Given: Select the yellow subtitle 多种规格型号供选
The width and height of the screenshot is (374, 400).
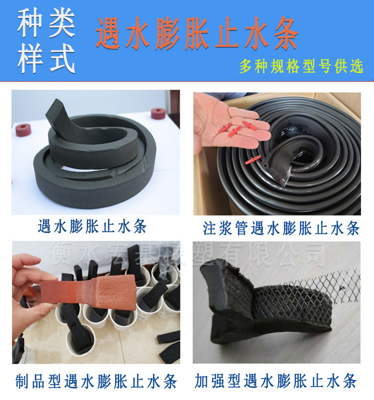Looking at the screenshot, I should [x=301, y=67].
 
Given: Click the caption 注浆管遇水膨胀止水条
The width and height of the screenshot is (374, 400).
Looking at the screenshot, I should [x=281, y=228].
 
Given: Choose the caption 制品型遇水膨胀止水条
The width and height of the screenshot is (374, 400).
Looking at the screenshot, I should [x=94, y=382].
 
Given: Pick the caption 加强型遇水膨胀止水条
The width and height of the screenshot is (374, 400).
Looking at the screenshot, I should [x=276, y=382].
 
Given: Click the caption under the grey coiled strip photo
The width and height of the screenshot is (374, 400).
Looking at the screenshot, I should [x=92, y=226].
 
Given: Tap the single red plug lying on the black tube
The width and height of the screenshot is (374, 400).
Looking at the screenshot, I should [x=252, y=160].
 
